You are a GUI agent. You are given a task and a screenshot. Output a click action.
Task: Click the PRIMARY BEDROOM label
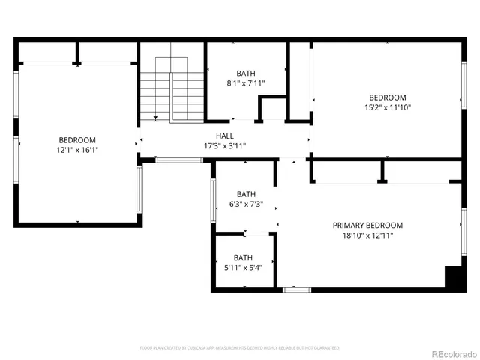[x=367, y=225]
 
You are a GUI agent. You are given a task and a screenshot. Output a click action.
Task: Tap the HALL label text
[x=225, y=136]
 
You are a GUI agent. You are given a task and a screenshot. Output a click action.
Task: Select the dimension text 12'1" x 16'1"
[x=78, y=150]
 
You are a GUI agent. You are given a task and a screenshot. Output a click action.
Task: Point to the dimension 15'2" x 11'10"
[x=387, y=107]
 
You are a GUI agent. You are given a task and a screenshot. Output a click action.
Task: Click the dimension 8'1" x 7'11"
[x=246, y=83]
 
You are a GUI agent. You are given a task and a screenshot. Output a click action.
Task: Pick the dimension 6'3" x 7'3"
[x=246, y=204]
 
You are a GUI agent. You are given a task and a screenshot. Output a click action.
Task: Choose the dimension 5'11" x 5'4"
[x=243, y=267]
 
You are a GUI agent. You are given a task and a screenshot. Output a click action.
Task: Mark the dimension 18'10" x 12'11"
[x=367, y=235]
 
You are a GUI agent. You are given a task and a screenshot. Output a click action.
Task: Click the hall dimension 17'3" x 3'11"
[x=225, y=145]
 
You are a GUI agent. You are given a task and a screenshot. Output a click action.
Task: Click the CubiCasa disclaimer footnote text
[x=240, y=348]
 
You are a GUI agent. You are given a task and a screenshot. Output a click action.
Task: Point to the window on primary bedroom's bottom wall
[x=296, y=289]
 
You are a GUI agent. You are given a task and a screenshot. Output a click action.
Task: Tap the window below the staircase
[x=178, y=160]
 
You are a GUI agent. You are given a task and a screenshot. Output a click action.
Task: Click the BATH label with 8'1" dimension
[x=246, y=73]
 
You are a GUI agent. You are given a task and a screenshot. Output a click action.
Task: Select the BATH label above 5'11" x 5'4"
[x=243, y=257]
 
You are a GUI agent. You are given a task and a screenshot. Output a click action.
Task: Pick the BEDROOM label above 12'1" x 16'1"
[x=78, y=140]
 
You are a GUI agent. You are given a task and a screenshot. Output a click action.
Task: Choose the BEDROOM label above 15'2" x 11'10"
[x=387, y=97]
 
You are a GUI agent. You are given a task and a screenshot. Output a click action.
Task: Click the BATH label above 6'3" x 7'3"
[x=246, y=193]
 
